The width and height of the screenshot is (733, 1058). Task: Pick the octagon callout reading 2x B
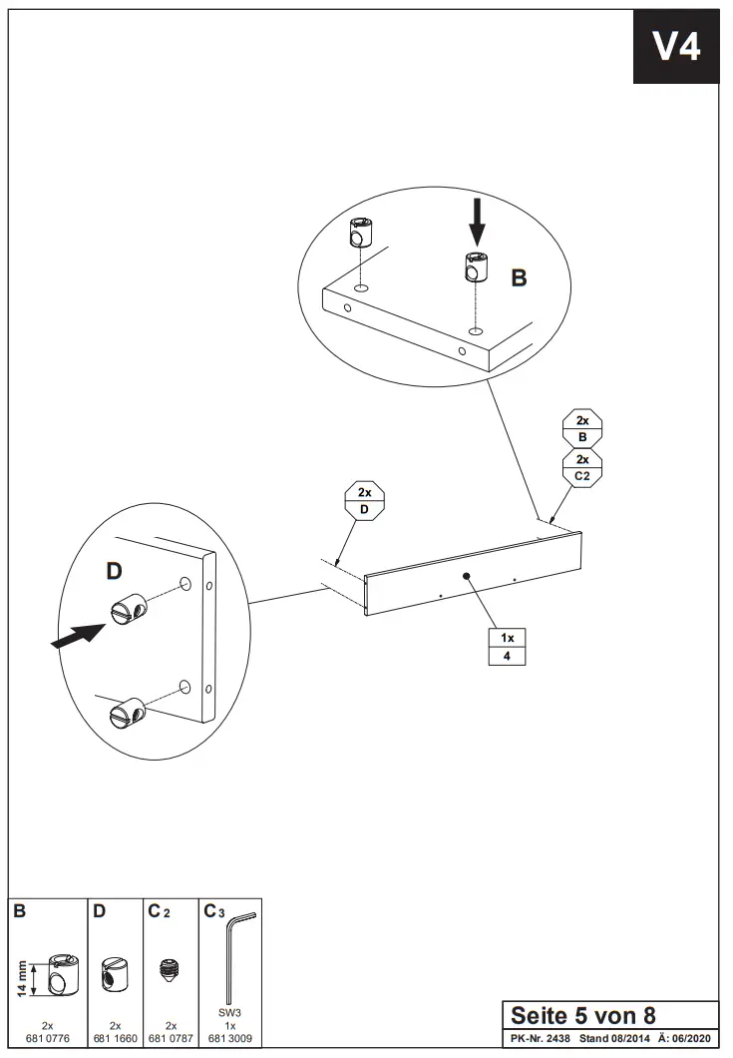pos(582,429)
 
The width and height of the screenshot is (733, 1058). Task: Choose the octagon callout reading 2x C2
pos(582,468)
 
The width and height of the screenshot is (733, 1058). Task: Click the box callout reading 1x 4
pos(507,647)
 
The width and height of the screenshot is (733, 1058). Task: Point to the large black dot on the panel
pos(466,576)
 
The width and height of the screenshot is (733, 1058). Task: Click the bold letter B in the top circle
pos(519,278)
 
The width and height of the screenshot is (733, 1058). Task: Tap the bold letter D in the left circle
pos(114,572)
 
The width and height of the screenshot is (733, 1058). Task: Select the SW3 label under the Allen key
pos(229,1013)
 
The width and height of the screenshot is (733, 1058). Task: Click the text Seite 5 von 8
pos(583,1016)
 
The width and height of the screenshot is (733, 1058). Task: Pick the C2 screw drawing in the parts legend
pos(170,968)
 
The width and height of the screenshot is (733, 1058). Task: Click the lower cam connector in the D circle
pos(126,713)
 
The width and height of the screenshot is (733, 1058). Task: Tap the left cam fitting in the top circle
pos(361,235)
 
